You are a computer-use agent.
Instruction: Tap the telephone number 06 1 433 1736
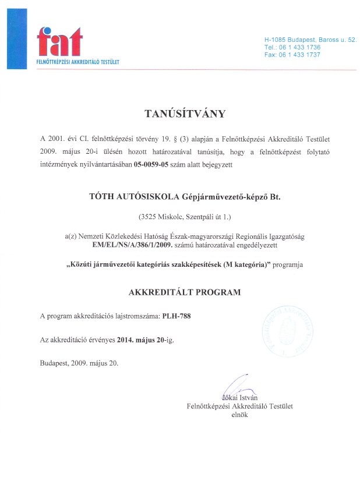pyautogui.click(x=301, y=47)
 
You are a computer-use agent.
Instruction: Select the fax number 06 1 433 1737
pyautogui.click(x=301, y=55)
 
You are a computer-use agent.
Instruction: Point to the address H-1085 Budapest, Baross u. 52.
pyautogui.click(x=310, y=39)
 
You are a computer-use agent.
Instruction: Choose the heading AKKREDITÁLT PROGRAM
pyautogui.click(x=179, y=292)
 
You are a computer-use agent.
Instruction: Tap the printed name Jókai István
pyautogui.click(x=239, y=398)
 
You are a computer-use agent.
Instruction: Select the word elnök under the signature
pyautogui.click(x=239, y=415)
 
